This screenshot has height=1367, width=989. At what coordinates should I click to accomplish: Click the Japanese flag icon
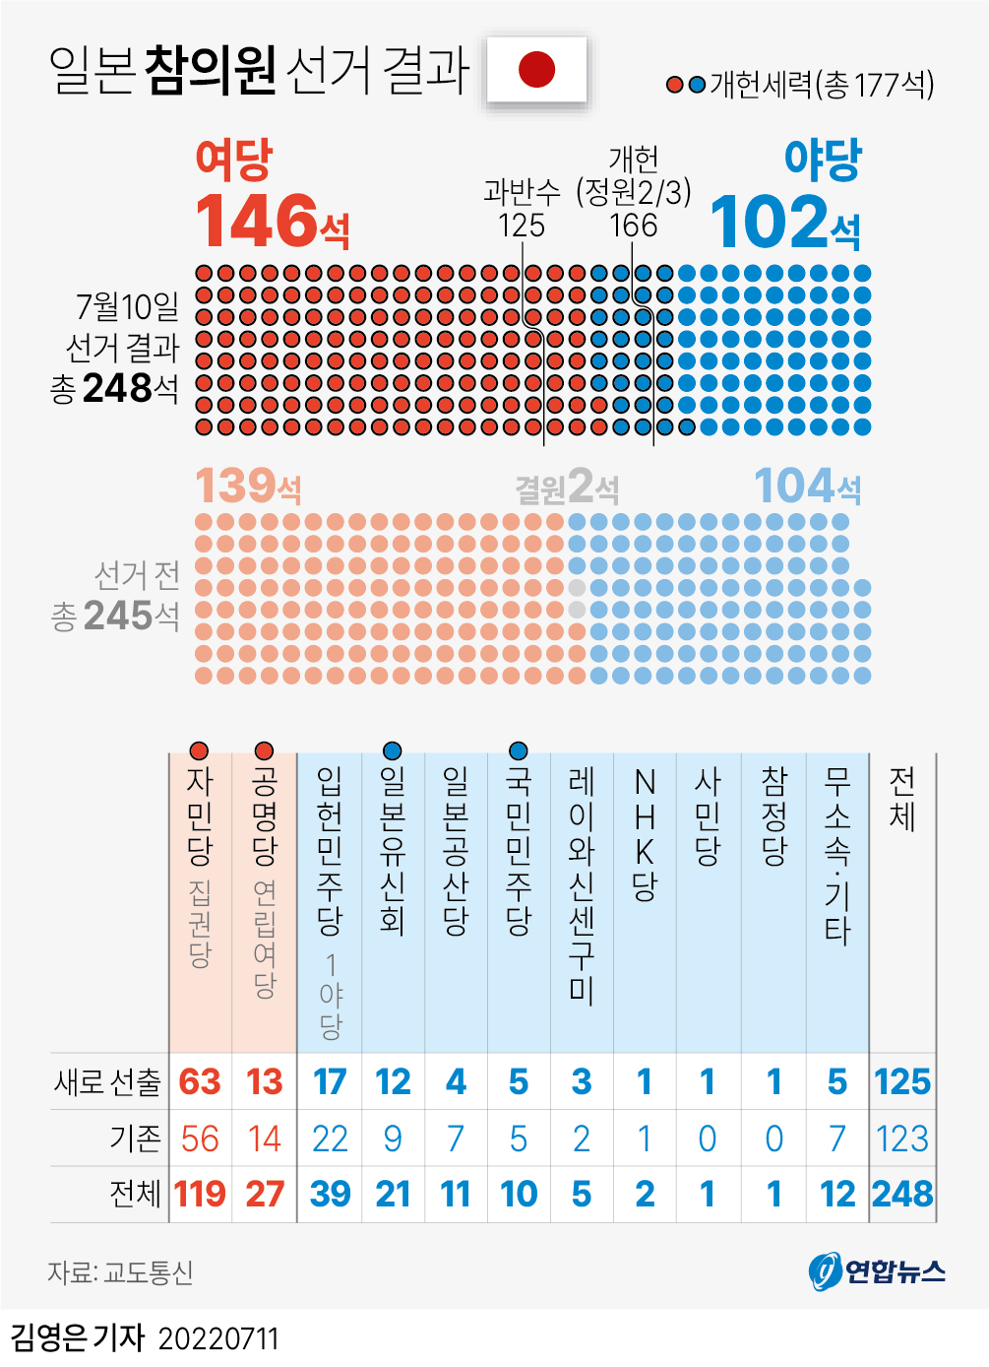(536, 69)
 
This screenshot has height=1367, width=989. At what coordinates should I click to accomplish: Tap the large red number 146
(258, 221)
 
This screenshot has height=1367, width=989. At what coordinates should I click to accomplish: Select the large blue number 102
(772, 223)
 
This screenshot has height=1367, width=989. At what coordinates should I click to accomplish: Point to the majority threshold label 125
(521, 226)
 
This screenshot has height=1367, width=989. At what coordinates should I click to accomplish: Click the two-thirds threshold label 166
(633, 226)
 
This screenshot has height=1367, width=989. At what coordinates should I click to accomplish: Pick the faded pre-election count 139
(236, 486)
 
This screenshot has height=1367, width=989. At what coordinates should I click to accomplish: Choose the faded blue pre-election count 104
(794, 486)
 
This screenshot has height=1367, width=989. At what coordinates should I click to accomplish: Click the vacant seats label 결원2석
(567, 488)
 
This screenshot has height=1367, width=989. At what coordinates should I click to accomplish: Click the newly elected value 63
(200, 1081)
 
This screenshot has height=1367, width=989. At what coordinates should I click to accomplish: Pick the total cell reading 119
(200, 1194)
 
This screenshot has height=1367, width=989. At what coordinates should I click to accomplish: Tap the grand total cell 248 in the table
(902, 1194)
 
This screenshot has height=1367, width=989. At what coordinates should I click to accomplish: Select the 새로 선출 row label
(107, 1081)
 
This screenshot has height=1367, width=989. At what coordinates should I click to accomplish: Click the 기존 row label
(135, 1139)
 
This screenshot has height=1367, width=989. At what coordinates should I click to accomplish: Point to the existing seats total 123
(902, 1139)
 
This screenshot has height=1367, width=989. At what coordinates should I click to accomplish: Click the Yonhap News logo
(877, 1271)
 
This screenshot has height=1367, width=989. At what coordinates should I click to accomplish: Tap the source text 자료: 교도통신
(120, 1272)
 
